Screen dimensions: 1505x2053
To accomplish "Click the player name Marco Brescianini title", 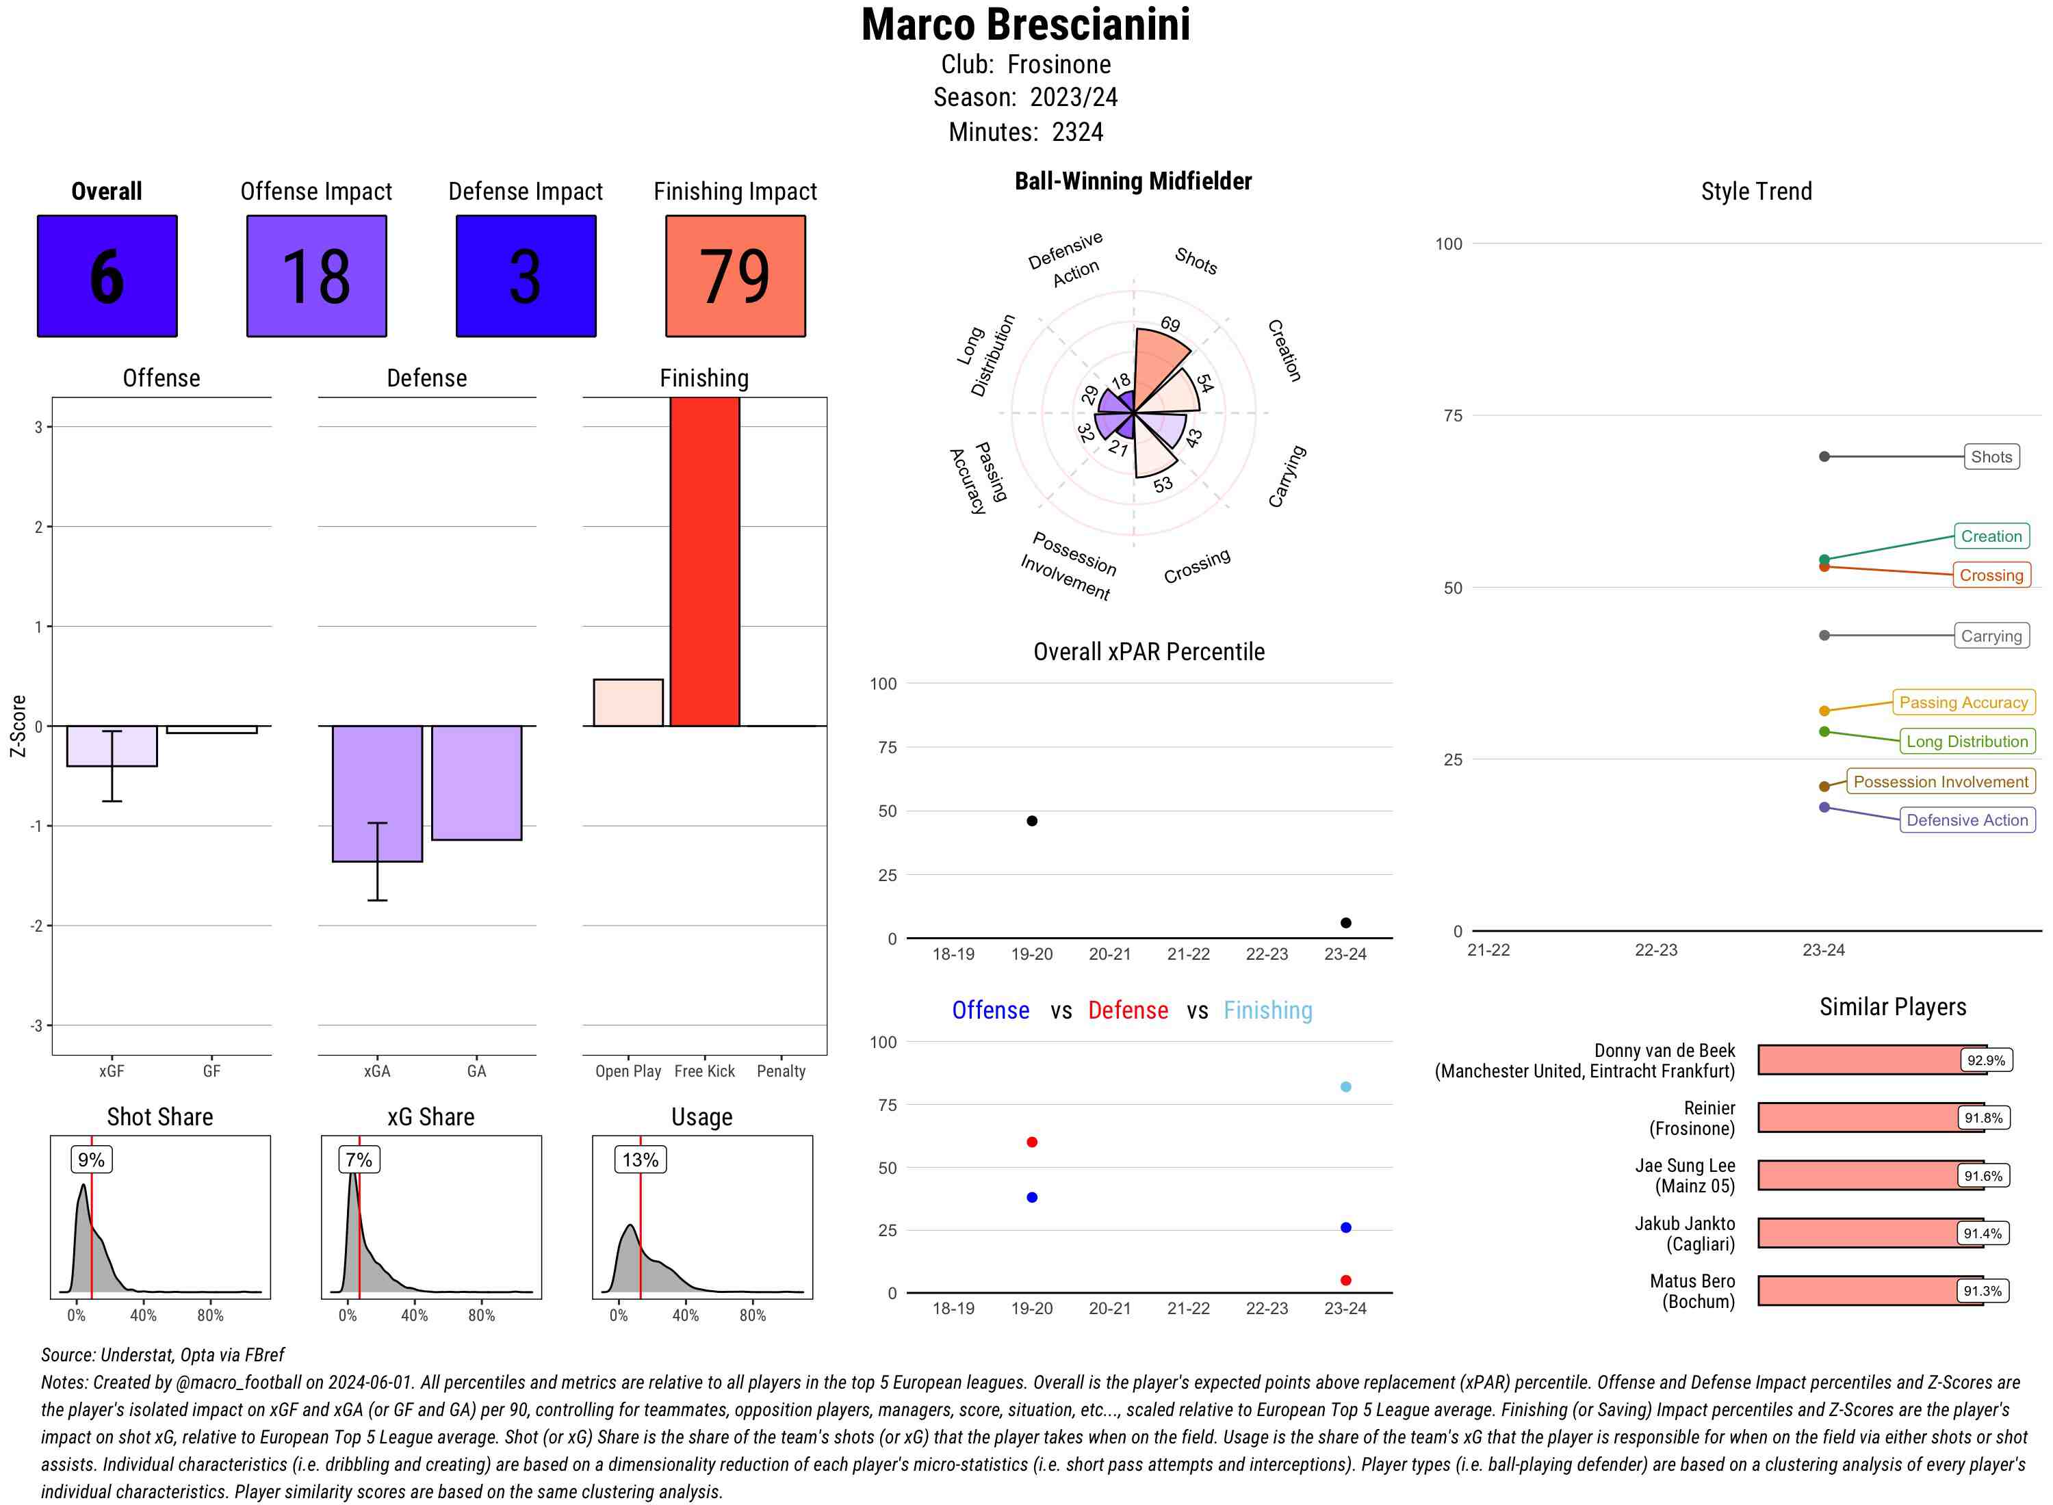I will [1025, 25].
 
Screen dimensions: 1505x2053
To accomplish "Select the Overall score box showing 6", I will [107, 276].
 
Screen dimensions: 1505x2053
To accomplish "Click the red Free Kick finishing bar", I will [704, 561].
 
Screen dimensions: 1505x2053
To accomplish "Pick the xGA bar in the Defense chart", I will [376, 793].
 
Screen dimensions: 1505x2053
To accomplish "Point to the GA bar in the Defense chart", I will [476, 782].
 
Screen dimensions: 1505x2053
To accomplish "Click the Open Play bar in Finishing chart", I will [628, 703].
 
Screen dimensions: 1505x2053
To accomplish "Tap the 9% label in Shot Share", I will [91, 1160].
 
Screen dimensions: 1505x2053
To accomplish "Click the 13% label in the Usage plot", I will [640, 1160].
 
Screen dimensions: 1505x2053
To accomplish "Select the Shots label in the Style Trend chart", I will [1990, 456].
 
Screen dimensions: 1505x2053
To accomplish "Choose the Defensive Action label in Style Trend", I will [1967, 820].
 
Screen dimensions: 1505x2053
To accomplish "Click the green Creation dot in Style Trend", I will [1823, 560].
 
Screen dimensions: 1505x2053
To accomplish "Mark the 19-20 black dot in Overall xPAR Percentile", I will [1031, 821].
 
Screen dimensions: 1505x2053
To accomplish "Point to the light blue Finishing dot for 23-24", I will [1345, 1087].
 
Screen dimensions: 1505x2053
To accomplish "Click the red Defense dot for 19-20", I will [1031, 1142].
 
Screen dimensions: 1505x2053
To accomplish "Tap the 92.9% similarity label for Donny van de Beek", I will [1985, 1060].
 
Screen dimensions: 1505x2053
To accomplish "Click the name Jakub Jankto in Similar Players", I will [1684, 1223].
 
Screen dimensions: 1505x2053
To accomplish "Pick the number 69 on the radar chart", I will [1170, 324].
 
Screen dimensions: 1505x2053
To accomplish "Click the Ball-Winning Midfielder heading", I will [1133, 181].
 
